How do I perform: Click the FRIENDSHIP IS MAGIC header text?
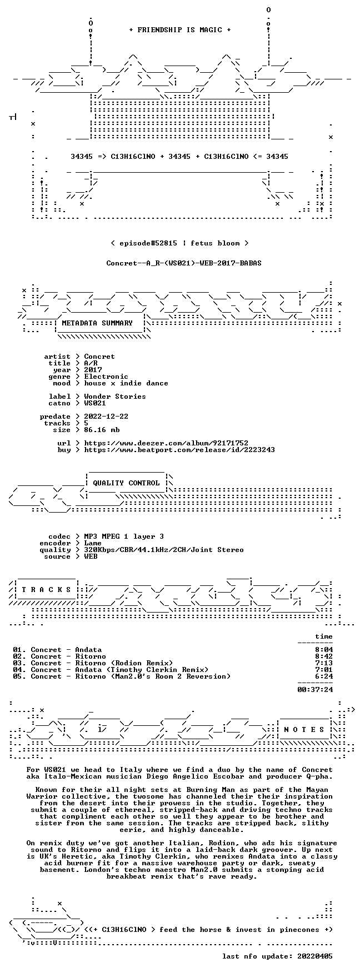[179, 30]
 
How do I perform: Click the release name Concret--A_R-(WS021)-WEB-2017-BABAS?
[184, 263]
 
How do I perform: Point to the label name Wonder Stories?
[115, 397]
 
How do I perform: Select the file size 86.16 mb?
[102, 430]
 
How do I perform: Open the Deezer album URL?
[166, 443]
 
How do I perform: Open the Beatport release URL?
[179, 450]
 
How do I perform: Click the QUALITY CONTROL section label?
[126, 483]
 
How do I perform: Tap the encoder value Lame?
[93, 543]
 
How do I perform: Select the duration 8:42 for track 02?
[324, 656]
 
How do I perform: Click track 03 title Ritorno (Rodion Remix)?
[124, 663]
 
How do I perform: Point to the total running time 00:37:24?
[315, 690]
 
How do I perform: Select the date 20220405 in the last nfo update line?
[315, 956]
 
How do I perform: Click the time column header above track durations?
[324, 636]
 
